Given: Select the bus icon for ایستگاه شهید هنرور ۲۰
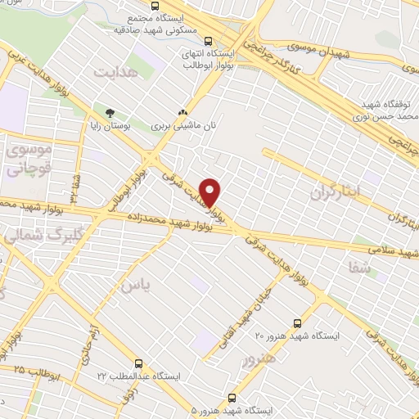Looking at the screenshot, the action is pos(296,323).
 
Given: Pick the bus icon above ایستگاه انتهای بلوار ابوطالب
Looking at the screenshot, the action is pos(209,41).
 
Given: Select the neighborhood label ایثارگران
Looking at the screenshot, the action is pos(336,193).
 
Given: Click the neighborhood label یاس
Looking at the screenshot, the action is pos(135,284).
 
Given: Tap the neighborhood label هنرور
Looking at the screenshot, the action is pos(259,358).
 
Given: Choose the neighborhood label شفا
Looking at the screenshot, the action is pos(360,267).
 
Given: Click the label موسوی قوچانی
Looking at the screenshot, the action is pos(29,160).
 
